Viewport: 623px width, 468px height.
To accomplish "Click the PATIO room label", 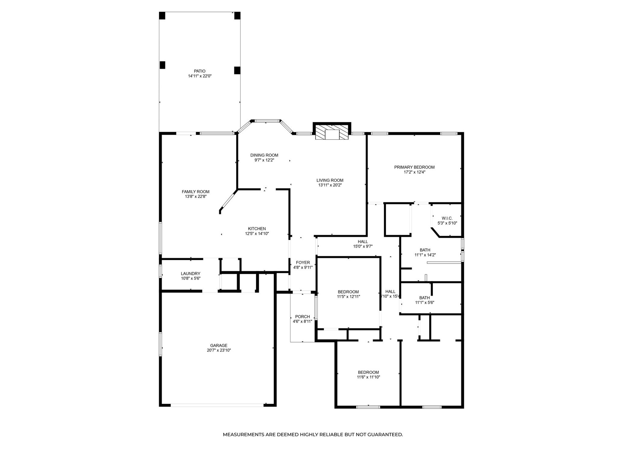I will click(x=200, y=71).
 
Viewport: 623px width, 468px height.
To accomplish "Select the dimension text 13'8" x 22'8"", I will click(x=196, y=197).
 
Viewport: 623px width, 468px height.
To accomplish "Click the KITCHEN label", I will click(x=257, y=229).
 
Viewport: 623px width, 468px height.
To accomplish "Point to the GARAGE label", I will click(x=219, y=345).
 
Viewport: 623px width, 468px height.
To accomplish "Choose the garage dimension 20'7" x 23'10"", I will click(x=219, y=350).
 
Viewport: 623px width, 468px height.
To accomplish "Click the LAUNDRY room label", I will click(x=190, y=274).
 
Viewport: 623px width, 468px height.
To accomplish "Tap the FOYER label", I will click(x=303, y=262).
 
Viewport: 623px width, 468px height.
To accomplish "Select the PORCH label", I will click(x=302, y=317).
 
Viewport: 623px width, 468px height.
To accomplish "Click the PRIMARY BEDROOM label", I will click(x=414, y=167).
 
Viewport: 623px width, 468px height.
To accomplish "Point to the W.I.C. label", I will click(x=447, y=218).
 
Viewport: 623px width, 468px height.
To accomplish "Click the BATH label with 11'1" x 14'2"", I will click(x=425, y=250).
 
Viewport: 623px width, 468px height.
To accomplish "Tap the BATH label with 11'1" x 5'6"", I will click(x=424, y=298).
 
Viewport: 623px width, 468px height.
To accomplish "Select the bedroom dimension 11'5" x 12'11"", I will click(x=348, y=296).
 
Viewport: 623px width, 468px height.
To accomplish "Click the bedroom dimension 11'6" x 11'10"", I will click(x=368, y=377).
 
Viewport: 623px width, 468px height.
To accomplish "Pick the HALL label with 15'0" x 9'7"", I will click(x=363, y=242).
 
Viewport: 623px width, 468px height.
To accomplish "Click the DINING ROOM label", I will click(x=264, y=155).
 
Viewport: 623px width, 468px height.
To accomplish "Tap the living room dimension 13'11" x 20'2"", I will click(x=330, y=185).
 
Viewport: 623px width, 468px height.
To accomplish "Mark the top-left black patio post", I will click(x=162, y=16).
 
